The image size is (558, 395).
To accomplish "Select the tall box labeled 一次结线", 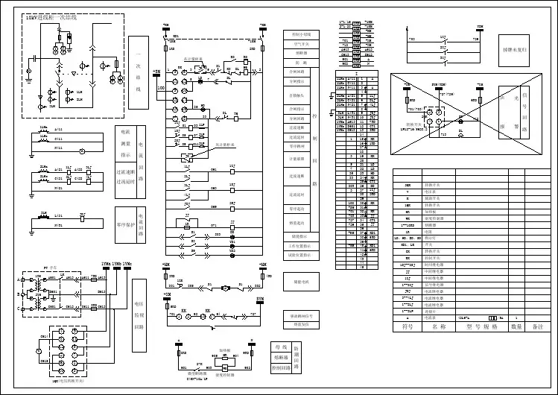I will [x=137, y=75].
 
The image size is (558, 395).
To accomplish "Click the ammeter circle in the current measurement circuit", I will [x=93, y=150].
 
